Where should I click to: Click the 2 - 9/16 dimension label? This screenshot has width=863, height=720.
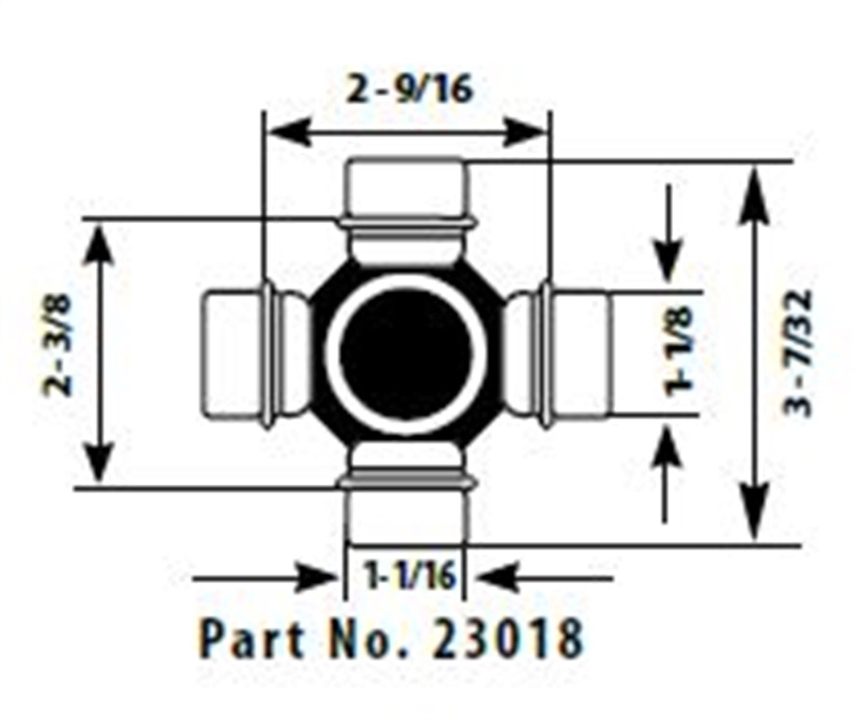pos(409,91)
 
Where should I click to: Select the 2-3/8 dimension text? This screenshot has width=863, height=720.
pos(59,345)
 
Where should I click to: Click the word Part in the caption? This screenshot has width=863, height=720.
pos(251,638)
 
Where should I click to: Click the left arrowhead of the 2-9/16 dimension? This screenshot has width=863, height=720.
pos(288,133)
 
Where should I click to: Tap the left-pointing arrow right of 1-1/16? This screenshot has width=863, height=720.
pos(498,578)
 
